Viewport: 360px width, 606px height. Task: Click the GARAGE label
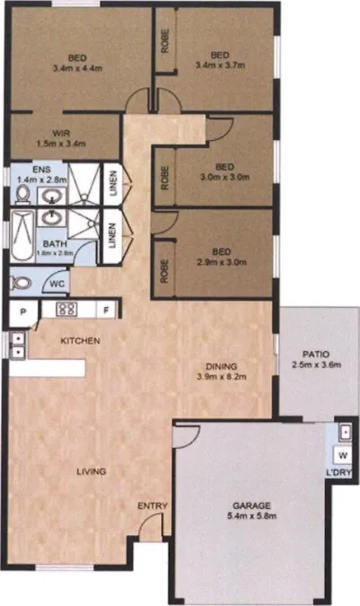click(251, 505)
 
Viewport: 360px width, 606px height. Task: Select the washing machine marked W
click(343, 455)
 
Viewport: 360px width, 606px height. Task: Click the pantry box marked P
click(23, 312)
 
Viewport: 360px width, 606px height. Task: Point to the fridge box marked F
click(106, 310)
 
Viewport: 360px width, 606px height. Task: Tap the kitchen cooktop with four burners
click(66, 309)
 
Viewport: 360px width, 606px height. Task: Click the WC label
click(57, 284)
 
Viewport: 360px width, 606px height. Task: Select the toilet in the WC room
click(20, 283)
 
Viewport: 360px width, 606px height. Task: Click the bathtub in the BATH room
click(22, 236)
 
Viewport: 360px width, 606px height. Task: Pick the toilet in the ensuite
click(22, 195)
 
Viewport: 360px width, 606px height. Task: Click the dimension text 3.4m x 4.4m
click(77, 68)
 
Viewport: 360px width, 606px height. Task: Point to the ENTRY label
click(153, 505)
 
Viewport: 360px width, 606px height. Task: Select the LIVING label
click(92, 471)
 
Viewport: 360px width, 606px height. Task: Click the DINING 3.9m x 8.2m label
click(222, 371)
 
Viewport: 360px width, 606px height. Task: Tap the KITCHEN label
click(80, 340)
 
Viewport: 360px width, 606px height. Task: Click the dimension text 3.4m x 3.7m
click(220, 66)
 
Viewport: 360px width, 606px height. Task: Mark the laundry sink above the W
click(345, 432)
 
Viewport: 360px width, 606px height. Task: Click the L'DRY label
click(338, 472)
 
